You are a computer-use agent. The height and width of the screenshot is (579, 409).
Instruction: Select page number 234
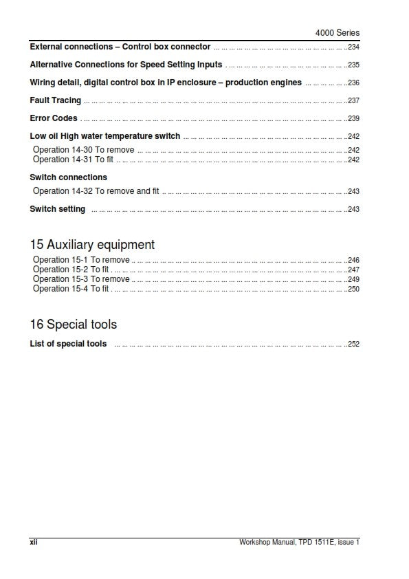[353, 47]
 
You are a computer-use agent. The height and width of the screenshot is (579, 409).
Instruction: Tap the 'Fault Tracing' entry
[56, 100]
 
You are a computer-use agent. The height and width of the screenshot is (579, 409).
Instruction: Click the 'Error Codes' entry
[54, 118]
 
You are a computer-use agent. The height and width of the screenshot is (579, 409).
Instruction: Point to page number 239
[353, 119]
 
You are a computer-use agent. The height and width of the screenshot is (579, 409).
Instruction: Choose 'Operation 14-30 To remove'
[83, 150]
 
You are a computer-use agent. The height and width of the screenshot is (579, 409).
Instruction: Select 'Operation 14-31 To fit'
[73, 160]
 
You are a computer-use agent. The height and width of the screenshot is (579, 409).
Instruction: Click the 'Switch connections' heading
[69, 177]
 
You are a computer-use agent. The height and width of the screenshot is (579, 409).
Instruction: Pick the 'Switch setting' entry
[58, 209]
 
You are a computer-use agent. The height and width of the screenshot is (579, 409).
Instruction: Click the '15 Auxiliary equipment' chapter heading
[92, 245]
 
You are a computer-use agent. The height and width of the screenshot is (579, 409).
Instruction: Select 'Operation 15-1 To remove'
[81, 261]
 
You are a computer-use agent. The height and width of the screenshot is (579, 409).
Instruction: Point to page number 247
[353, 270]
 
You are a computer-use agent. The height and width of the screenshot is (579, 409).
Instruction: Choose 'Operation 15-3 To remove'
[81, 280]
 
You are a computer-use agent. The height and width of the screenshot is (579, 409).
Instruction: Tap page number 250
[353, 289]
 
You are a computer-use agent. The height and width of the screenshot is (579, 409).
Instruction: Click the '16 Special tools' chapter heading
[74, 325]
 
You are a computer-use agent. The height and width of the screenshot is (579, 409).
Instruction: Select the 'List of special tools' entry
[68, 344]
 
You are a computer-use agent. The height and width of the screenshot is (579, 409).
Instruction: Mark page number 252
[353, 345]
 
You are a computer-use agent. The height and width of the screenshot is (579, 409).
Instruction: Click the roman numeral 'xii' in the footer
[33, 543]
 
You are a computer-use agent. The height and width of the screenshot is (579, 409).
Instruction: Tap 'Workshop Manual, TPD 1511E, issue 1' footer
[299, 543]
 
